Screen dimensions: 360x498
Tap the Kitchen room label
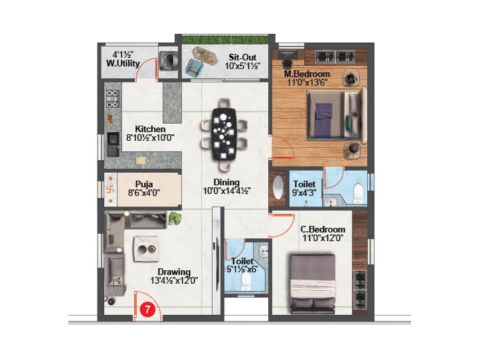click(x=150, y=129)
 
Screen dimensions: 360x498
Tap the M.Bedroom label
click(x=307, y=73)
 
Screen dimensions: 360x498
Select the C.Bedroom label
click(x=323, y=229)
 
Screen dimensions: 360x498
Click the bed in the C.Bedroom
click(x=313, y=284)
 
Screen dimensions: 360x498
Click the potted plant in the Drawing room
click(x=175, y=218)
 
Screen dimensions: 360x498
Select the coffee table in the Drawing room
click(x=145, y=248)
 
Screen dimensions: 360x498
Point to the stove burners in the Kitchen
click(x=113, y=100)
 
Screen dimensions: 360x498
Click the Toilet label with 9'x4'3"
click(x=304, y=187)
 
